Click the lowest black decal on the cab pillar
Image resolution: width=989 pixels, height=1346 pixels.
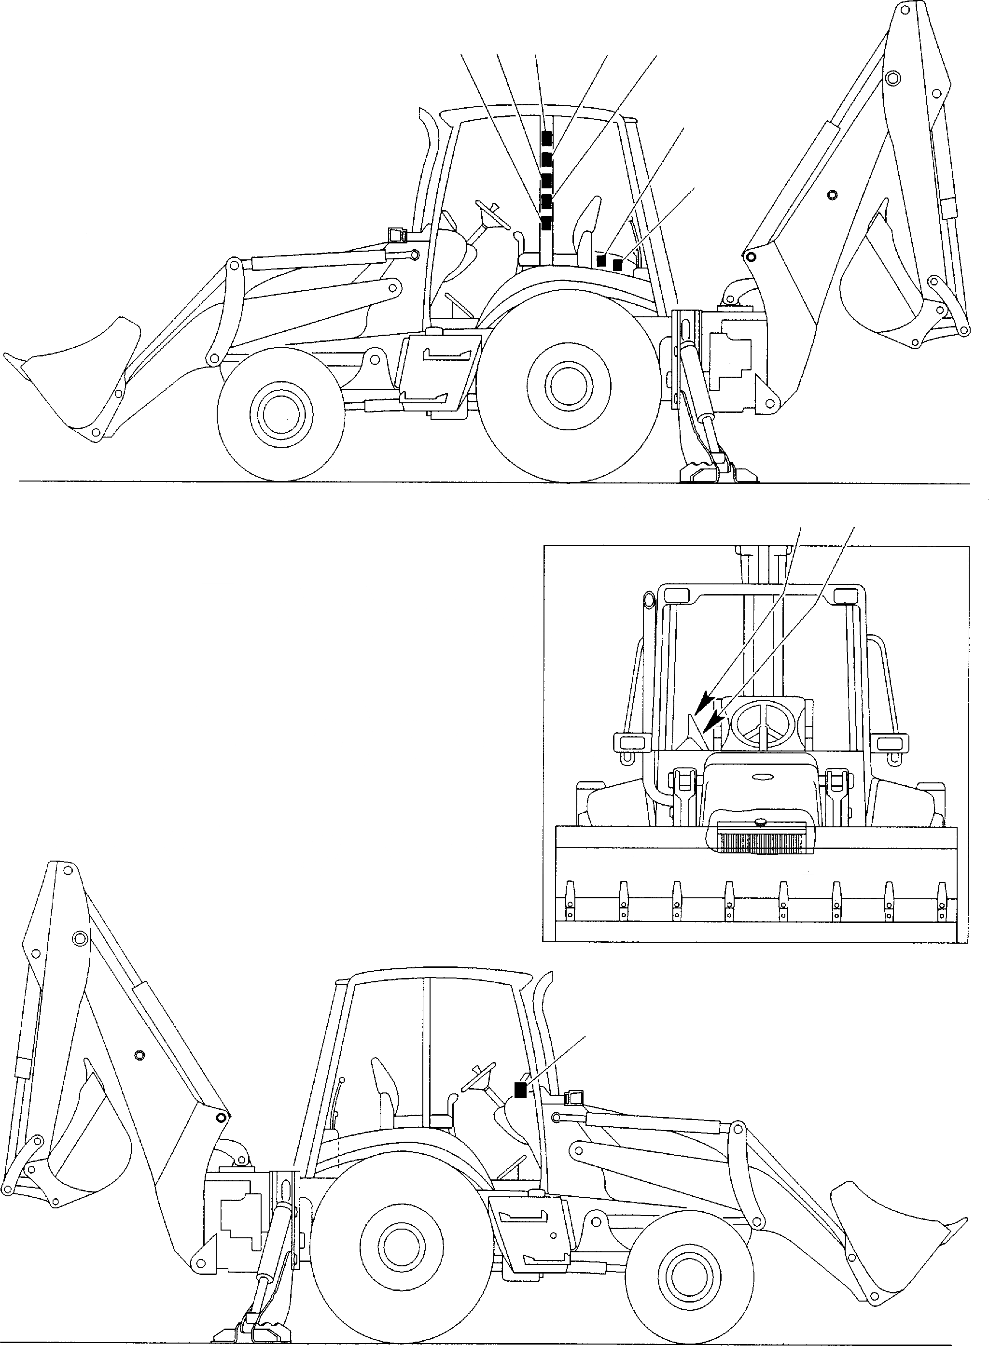[x=545, y=224]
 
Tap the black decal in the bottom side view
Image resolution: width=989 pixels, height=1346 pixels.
[x=520, y=1090]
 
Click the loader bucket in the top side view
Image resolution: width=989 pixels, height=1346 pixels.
[x=78, y=371]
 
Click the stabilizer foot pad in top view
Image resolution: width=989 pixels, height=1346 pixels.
[x=718, y=473]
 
